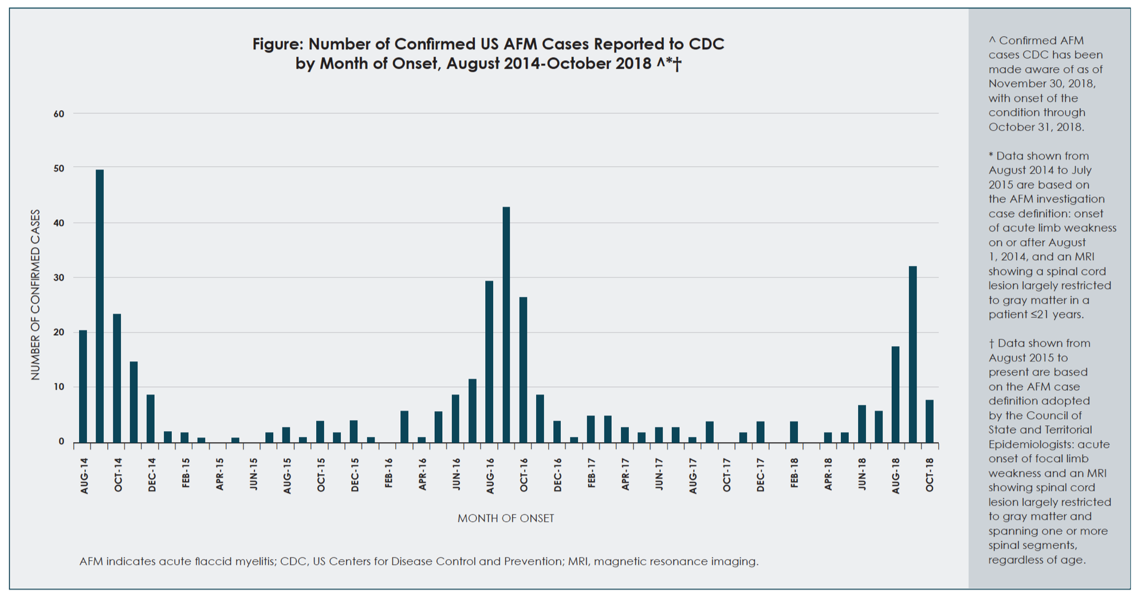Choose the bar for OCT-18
coord(930,421)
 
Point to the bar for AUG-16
coord(489,361)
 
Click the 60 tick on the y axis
coord(59,114)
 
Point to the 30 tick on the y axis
coord(59,277)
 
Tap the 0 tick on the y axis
coord(61,441)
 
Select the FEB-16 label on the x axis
coord(389,474)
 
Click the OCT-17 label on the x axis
coord(727,475)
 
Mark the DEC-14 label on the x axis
coord(152,475)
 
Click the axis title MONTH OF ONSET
coord(506,518)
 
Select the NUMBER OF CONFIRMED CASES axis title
coord(36,295)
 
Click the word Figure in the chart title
coord(277,44)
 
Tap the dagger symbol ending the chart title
coord(678,64)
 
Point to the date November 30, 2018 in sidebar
coord(1042,84)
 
